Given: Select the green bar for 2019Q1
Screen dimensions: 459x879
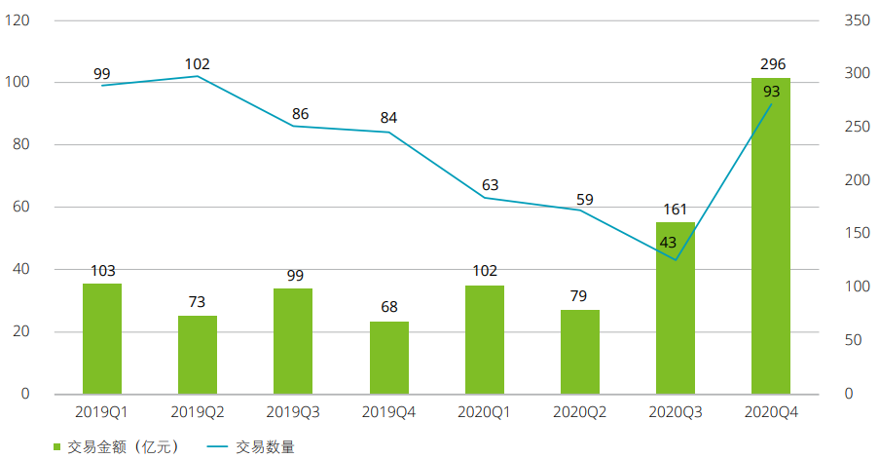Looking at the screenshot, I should [x=102, y=339].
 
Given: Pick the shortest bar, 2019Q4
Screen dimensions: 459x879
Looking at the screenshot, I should [x=389, y=358].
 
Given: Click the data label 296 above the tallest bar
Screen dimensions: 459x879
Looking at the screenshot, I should [x=772, y=64].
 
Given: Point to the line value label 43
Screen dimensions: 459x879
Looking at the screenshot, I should [x=668, y=243].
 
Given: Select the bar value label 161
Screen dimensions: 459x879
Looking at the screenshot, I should [x=675, y=209].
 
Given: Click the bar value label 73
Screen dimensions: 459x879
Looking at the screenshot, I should [x=198, y=301].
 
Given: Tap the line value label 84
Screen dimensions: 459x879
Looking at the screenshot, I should [x=388, y=118].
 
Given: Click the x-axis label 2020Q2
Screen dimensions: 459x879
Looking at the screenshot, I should [x=579, y=413].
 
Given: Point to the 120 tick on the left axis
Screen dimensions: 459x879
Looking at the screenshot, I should [x=18, y=20].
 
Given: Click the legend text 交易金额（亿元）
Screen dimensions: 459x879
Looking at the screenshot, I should [x=125, y=447].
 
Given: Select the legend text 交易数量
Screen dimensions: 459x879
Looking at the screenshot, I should [x=265, y=447].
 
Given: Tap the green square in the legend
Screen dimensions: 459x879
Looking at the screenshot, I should [x=56, y=447].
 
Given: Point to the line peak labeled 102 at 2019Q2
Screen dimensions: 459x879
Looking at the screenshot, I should [x=198, y=76].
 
